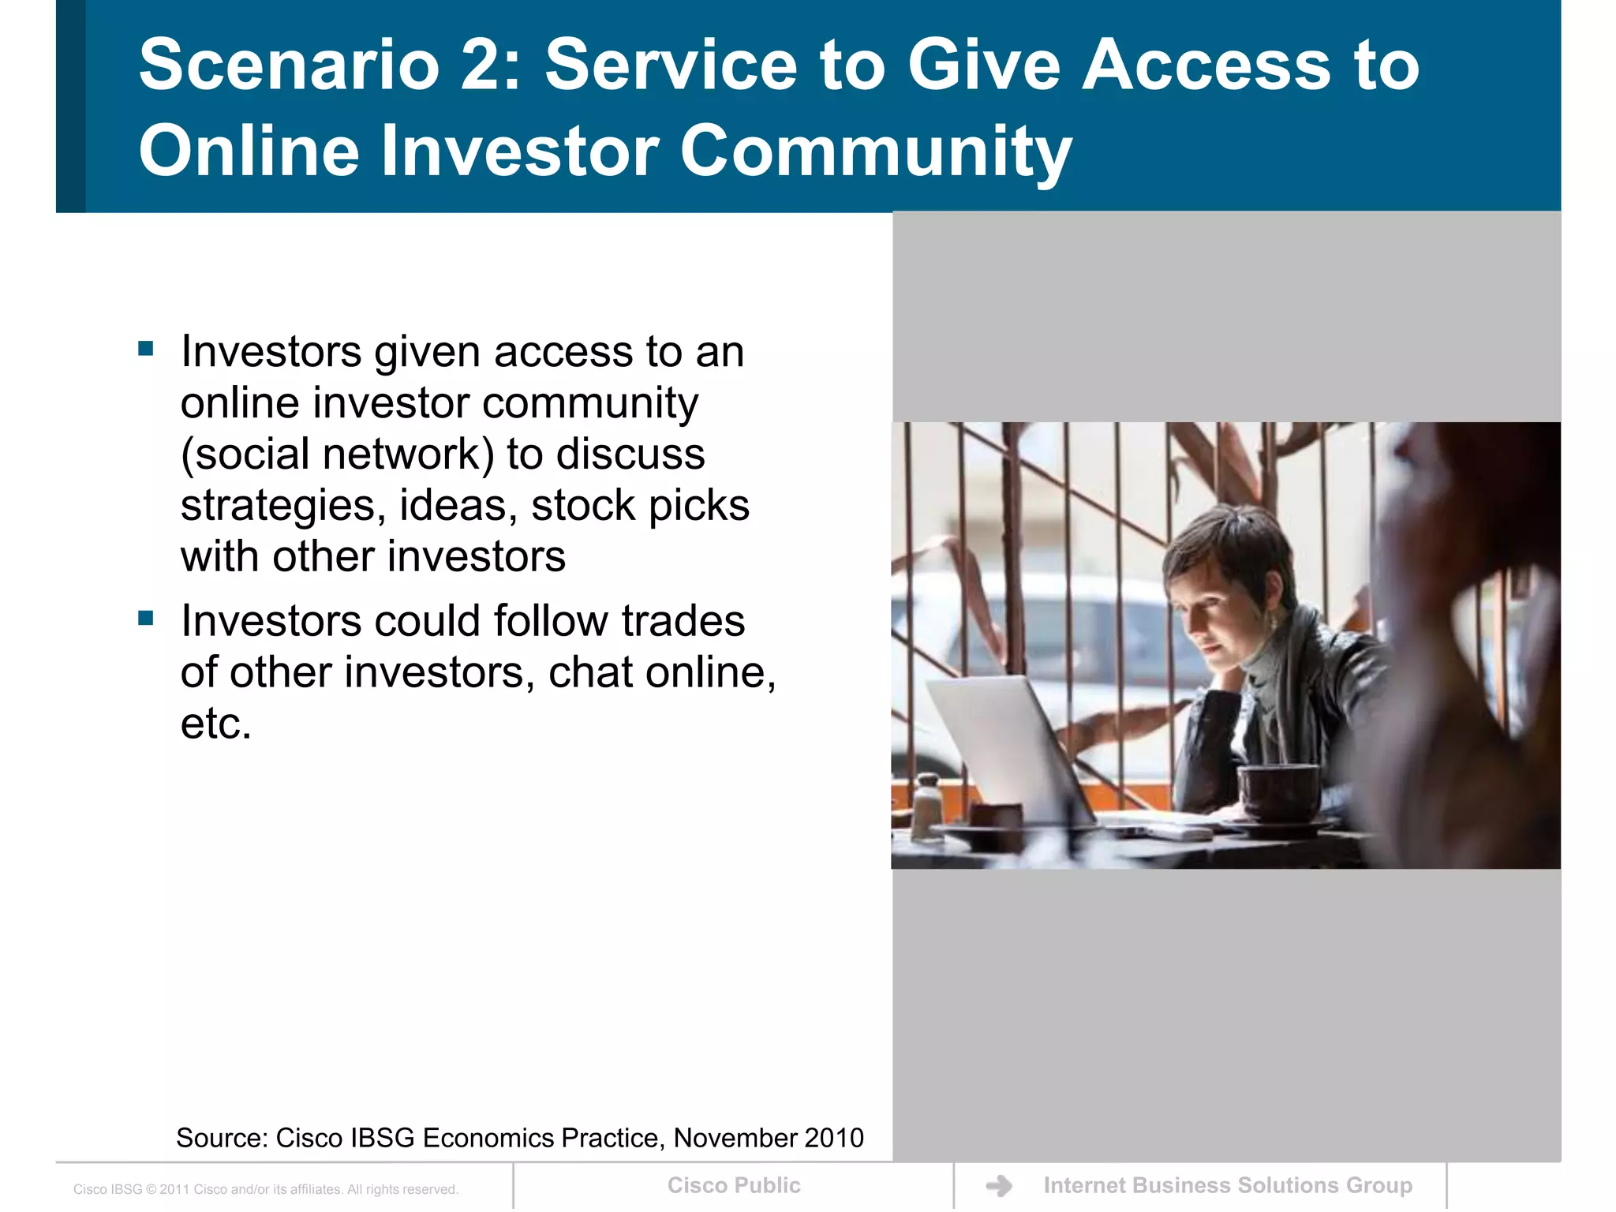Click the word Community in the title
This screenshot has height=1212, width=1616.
(x=875, y=151)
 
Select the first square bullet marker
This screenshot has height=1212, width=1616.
(x=146, y=349)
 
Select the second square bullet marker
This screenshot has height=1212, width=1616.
(x=146, y=618)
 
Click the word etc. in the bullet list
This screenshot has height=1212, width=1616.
(x=215, y=724)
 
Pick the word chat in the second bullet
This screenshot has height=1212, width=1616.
(x=591, y=672)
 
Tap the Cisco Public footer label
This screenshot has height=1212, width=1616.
(x=734, y=1185)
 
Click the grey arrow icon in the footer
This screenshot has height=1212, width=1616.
(x=999, y=1185)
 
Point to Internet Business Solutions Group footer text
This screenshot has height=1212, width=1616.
(x=1228, y=1185)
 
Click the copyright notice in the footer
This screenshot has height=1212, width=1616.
(x=266, y=1189)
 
